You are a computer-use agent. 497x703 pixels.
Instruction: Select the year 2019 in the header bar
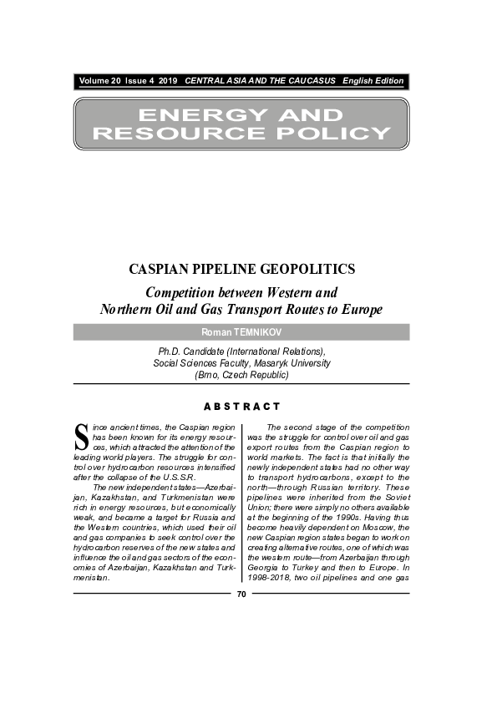168,81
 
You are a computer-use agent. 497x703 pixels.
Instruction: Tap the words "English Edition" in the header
373,81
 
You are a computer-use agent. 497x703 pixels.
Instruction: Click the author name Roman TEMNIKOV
241,332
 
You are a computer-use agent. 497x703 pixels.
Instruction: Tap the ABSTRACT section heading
241,407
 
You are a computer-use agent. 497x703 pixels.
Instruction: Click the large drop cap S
81,436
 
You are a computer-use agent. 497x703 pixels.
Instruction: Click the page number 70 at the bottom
241,594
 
